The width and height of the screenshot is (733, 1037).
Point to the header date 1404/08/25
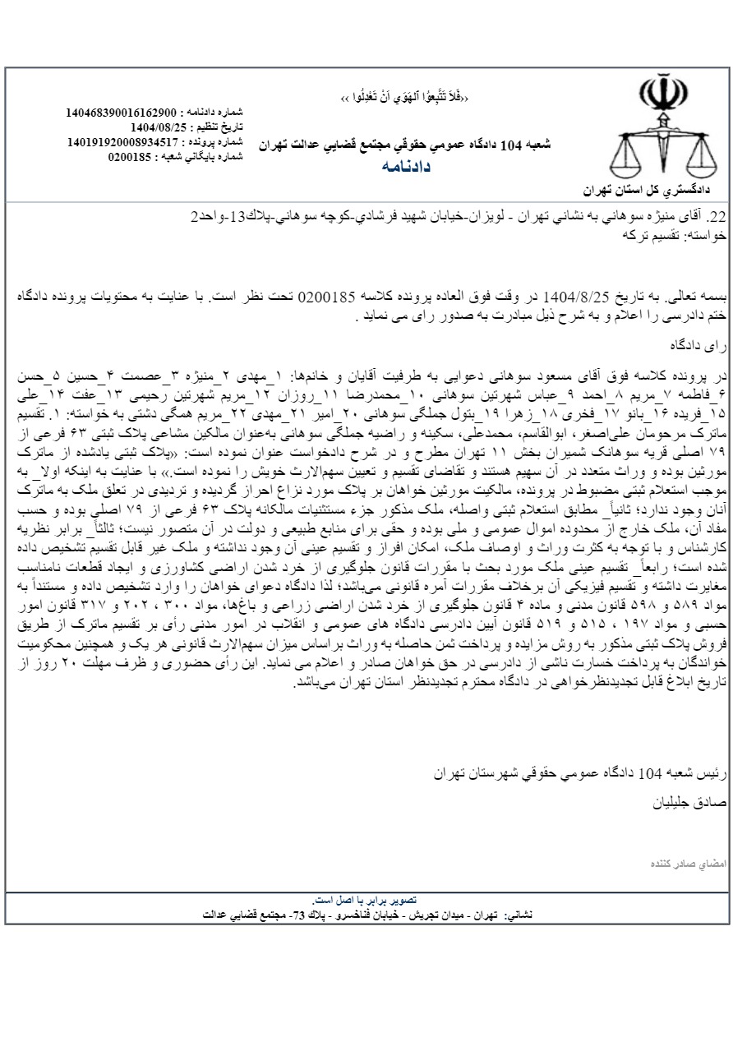point(159,127)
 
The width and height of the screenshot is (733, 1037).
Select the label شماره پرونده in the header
point(215,142)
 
